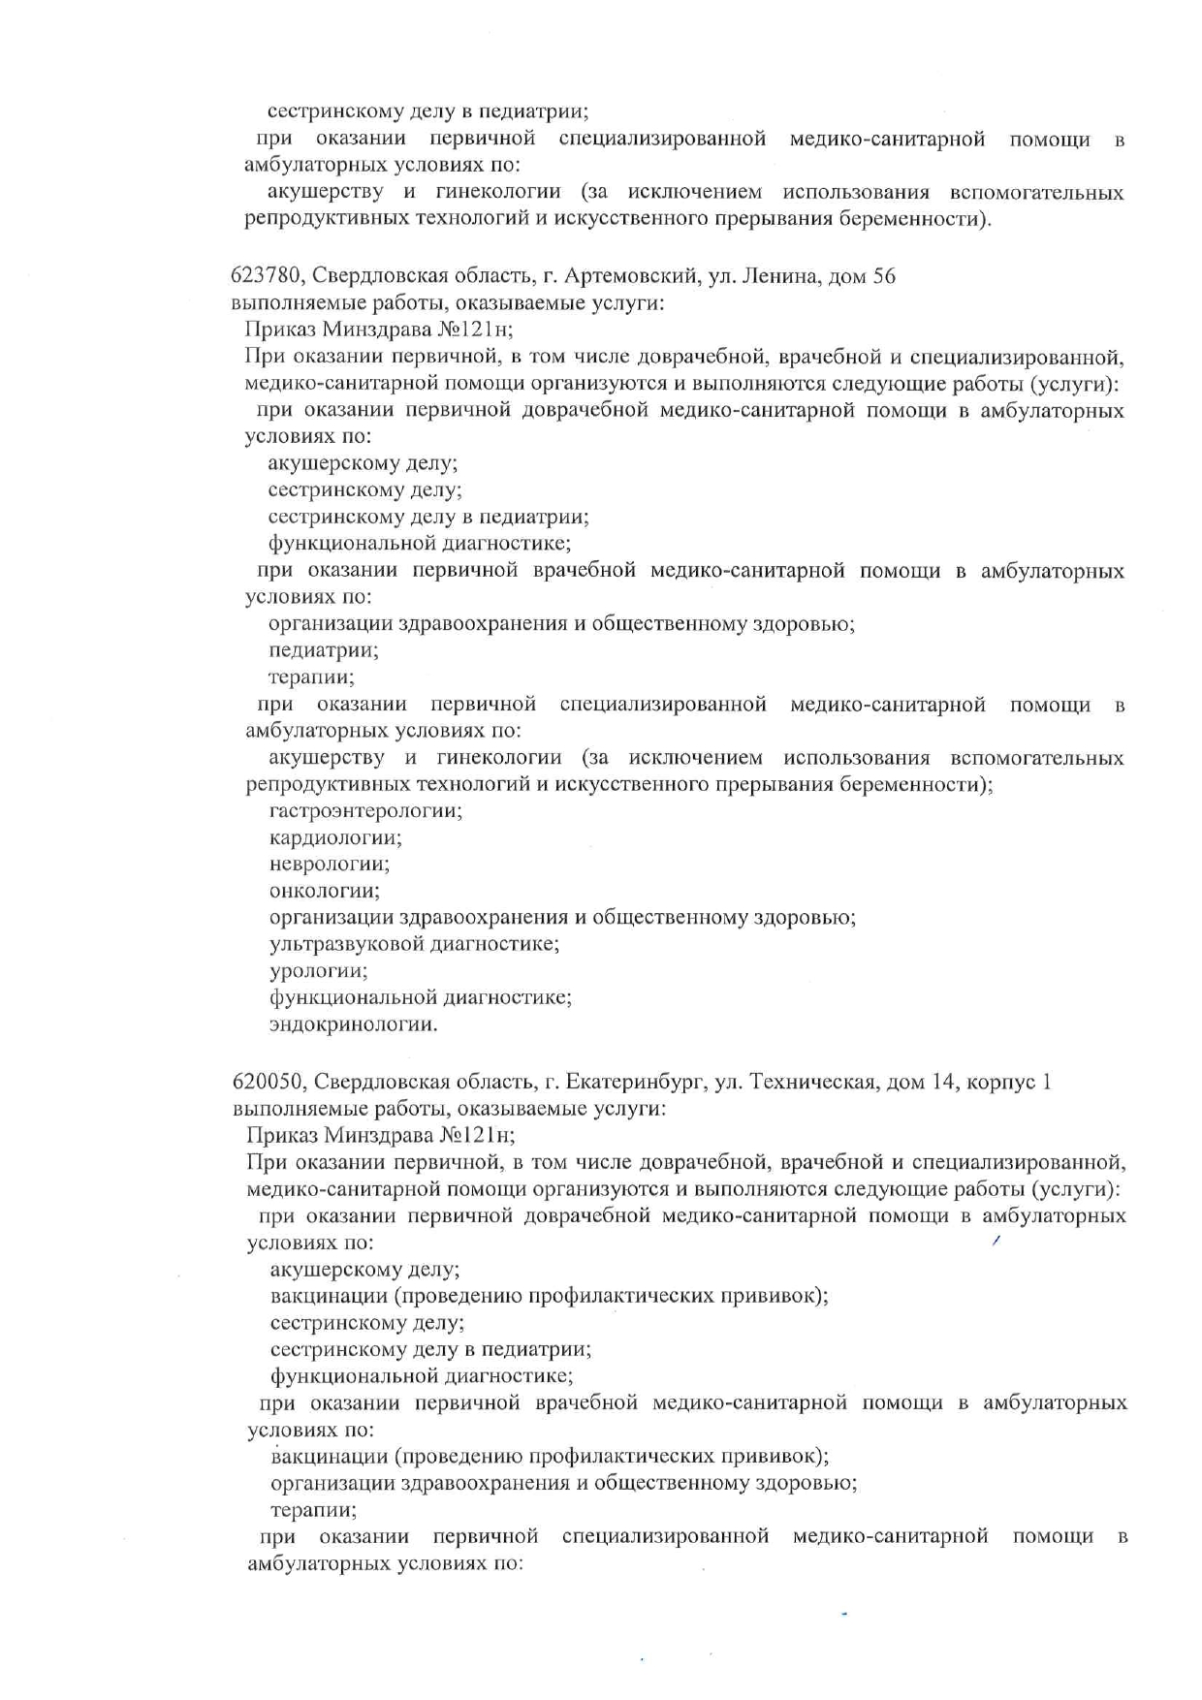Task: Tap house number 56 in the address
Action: pos(884,276)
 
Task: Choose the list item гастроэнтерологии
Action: pos(365,810)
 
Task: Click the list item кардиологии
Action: pos(335,837)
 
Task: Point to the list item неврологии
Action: pos(330,864)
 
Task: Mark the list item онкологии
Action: pos(325,891)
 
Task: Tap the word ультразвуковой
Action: pos(353,944)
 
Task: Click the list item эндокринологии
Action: pos(353,1024)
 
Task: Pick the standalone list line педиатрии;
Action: pos(323,650)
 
